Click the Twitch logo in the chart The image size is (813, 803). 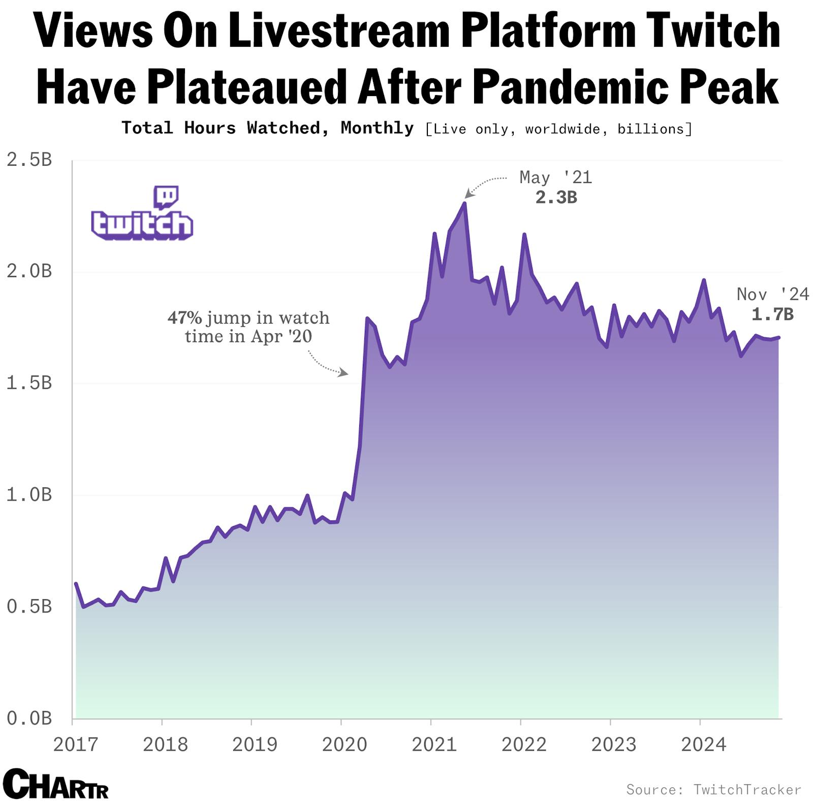point(142,214)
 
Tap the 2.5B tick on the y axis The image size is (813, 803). point(29,160)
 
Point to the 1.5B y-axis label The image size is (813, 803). point(29,383)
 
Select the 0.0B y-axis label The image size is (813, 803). point(29,718)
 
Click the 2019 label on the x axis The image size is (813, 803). point(255,744)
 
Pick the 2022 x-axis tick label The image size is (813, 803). point(524,744)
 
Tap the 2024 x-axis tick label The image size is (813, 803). point(703,744)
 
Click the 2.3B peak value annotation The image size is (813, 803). point(556,197)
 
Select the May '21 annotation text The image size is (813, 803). point(555,177)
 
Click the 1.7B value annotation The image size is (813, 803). point(772,314)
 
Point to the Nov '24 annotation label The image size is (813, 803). point(772,294)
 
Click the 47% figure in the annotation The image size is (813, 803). point(184,318)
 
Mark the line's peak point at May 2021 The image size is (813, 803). point(464,203)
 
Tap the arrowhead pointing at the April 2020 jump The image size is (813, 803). point(345,373)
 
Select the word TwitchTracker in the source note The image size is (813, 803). point(747,789)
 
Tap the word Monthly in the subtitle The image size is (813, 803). point(377,128)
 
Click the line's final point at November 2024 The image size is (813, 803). point(778,337)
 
